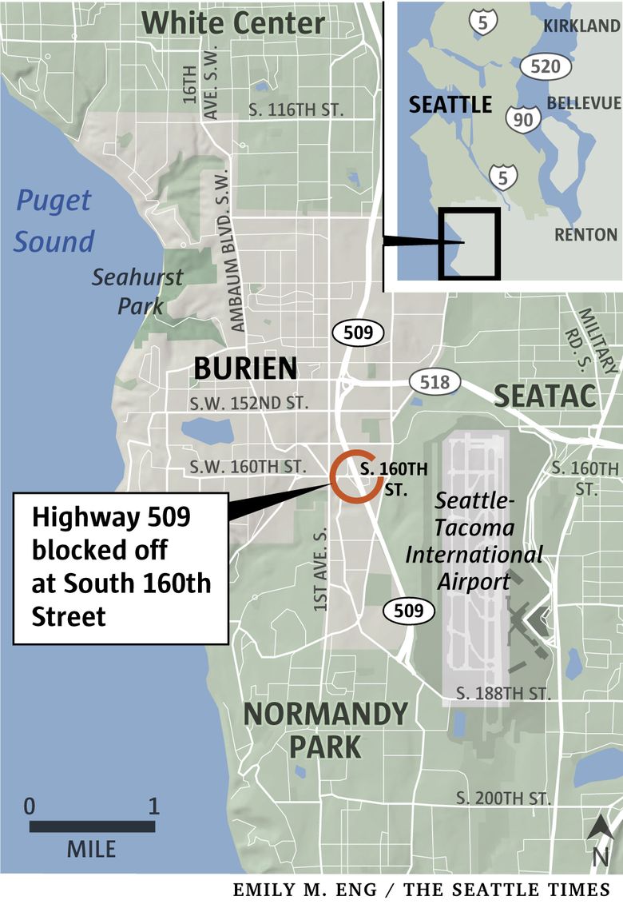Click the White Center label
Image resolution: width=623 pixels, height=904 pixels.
(233, 22)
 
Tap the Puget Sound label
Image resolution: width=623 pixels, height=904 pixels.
(55, 221)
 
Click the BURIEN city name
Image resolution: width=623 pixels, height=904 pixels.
(246, 368)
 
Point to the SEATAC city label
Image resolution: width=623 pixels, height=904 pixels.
(546, 396)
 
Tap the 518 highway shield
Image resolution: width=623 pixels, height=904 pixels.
(435, 382)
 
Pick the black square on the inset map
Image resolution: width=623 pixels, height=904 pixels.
(469, 244)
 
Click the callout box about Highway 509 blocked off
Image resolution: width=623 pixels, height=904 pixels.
(121, 567)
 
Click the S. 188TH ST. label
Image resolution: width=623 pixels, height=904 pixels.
(502, 693)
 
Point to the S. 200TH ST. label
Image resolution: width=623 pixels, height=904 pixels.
(503, 798)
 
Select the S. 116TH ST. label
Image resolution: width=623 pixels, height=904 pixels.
(296, 110)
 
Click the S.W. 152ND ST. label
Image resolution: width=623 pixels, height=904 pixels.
(249, 403)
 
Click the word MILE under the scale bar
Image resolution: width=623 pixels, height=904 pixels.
(91, 848)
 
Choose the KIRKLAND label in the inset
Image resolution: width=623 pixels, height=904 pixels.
(581, 26)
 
